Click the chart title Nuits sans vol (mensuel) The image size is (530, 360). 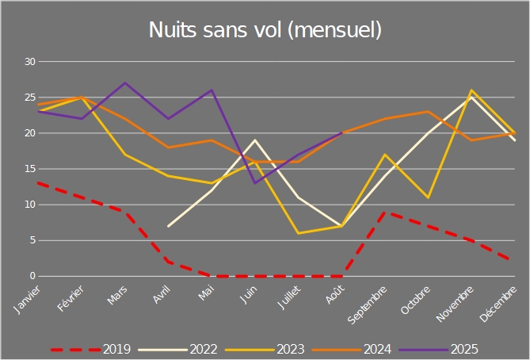point(265,30)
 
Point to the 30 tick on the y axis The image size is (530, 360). point(31,62)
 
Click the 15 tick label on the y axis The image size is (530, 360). point(31,169)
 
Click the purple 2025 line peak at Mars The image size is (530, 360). point(125,82)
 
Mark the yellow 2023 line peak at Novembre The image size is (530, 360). point(472,90)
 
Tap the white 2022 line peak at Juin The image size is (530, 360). point(254,140)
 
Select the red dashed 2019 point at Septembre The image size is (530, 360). point(384,212)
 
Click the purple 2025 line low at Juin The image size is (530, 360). point(254,183)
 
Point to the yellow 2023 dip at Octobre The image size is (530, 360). point(428,197)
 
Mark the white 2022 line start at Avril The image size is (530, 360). point(168,226)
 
